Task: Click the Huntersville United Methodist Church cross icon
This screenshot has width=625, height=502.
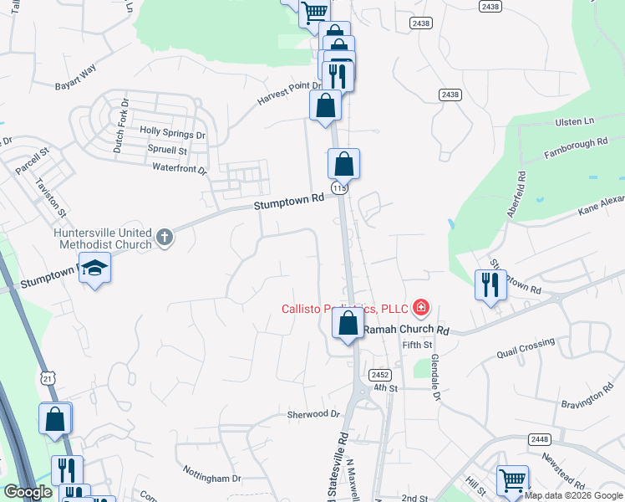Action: click(165, 238)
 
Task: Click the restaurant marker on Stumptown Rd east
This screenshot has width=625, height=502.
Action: click(490, 285)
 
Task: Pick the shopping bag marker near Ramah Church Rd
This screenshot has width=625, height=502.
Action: click(348, 322)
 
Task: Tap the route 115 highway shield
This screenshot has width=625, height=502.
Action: click(339, 189)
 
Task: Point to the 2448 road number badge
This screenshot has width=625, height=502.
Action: click(539, 439)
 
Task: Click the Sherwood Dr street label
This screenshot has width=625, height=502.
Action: click(314, 414)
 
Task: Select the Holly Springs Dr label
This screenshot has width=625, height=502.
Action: click(173, 132)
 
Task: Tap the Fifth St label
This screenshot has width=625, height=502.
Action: click(417, 345)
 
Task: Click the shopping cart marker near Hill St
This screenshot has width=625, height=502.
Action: click(512, 481)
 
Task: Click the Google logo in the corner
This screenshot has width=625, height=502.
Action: click(28, 492)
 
